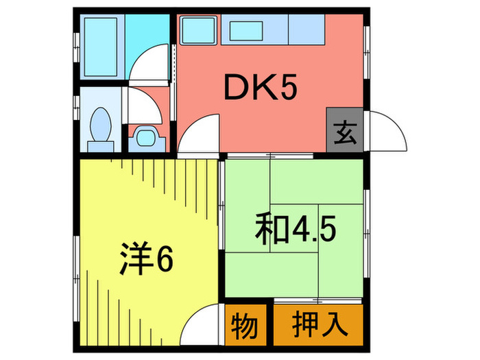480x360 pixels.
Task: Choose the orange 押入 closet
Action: pos(317,325)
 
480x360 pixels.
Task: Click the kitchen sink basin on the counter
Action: pos(250,31)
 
